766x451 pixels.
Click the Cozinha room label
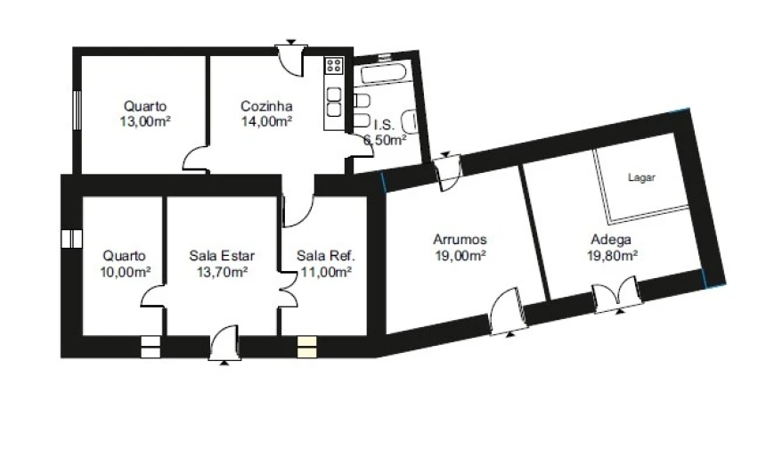(x=266, y=106)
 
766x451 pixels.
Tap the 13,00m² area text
(x=145, y=122)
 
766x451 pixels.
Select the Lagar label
(x=641, y=178)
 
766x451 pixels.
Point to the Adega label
(x=611, y=240)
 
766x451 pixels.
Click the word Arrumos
(x=460, y=240)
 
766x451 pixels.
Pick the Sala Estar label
(x=222, y=256)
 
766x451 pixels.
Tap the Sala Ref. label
(x=326, y=256)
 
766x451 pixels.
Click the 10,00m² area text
(x=126, y=272)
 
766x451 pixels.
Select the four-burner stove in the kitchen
(x=334, y=65)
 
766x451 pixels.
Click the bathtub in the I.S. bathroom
(x=384, y=74)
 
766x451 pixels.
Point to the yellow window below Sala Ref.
(x=306, y=347)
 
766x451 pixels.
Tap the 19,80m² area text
(x=612, y=256)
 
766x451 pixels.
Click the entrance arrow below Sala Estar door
(x=224, y=363)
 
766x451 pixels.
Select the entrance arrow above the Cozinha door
(x=291, y=42)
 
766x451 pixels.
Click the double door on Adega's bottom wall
(x=617, y=295)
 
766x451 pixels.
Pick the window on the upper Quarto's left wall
(x=77, y=111)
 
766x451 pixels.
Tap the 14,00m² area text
(x=266, y=122)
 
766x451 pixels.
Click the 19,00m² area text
(x=460, y=256)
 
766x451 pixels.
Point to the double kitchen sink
(x=334, y=102)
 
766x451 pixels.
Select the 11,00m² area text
(x=326, y=272)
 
